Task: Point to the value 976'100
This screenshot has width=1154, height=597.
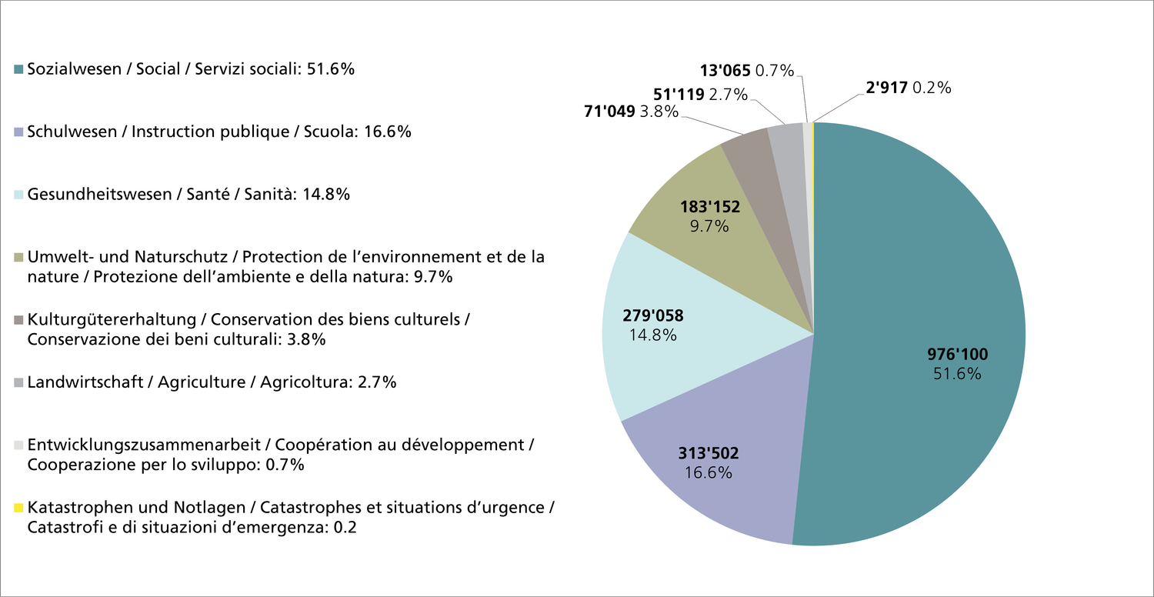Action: tap(957, 355)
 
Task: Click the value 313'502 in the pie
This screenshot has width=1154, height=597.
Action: tap(707, 452)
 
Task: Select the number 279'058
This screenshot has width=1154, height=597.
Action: tap(652, 315)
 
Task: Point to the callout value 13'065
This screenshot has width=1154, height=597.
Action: tap(725, 71)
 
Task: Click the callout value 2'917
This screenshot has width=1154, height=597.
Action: tap(886, 88)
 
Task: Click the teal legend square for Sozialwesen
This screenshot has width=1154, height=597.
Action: tap(19, 69)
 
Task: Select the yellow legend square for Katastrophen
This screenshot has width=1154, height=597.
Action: tap(19, 509)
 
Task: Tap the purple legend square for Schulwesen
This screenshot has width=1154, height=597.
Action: tap(19, 132)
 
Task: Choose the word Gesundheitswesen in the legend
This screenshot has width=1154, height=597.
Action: tap(99, 195)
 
